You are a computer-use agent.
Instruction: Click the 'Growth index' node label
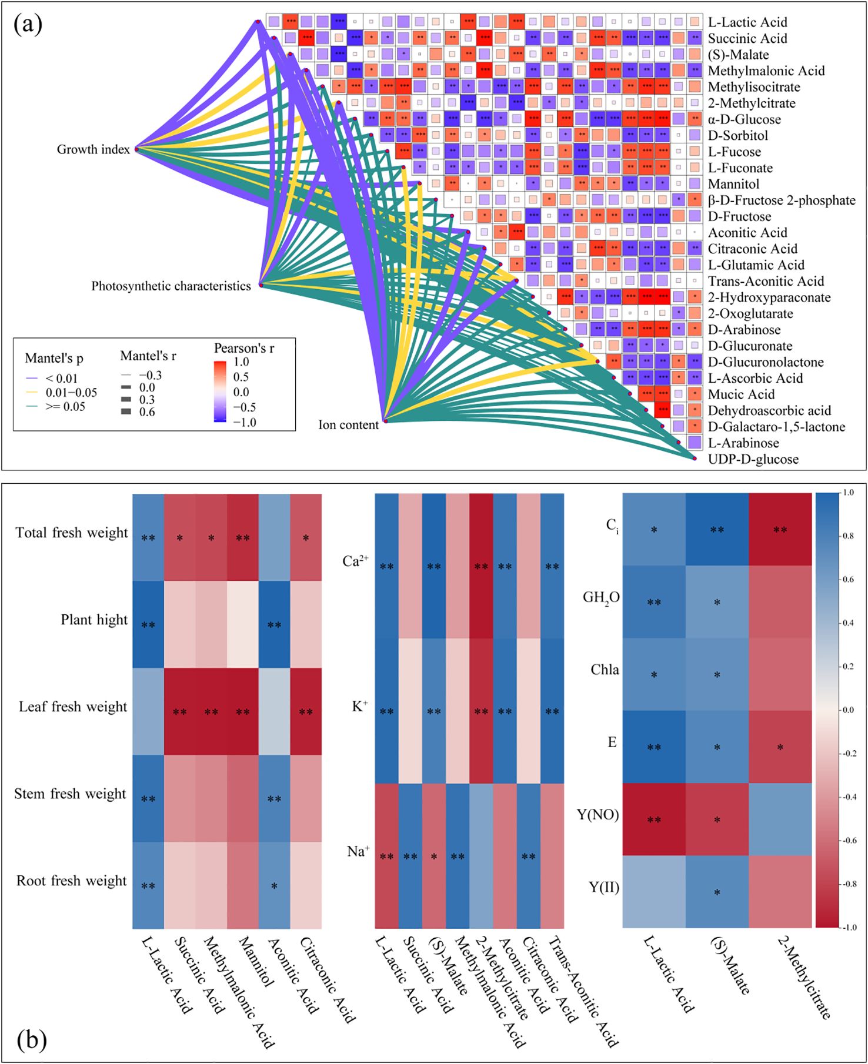93,150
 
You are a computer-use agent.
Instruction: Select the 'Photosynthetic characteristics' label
171,286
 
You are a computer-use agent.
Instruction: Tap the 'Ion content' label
348,425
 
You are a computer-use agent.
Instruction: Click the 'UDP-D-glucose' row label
753,460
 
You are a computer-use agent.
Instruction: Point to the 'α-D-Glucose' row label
744,120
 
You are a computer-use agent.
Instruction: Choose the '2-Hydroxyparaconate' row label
769,298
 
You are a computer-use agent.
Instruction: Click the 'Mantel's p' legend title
54,359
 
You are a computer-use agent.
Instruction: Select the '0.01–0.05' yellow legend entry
71,393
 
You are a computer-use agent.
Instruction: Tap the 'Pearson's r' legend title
244,349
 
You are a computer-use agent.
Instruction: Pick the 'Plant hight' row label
94,620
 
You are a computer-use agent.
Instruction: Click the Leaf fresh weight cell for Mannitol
243,711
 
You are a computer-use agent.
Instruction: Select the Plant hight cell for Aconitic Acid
274,624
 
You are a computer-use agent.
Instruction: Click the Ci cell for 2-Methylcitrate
780,530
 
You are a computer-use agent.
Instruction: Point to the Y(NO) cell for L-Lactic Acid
654,819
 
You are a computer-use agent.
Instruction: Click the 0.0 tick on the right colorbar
847,710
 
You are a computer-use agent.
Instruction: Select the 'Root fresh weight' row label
71,881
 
